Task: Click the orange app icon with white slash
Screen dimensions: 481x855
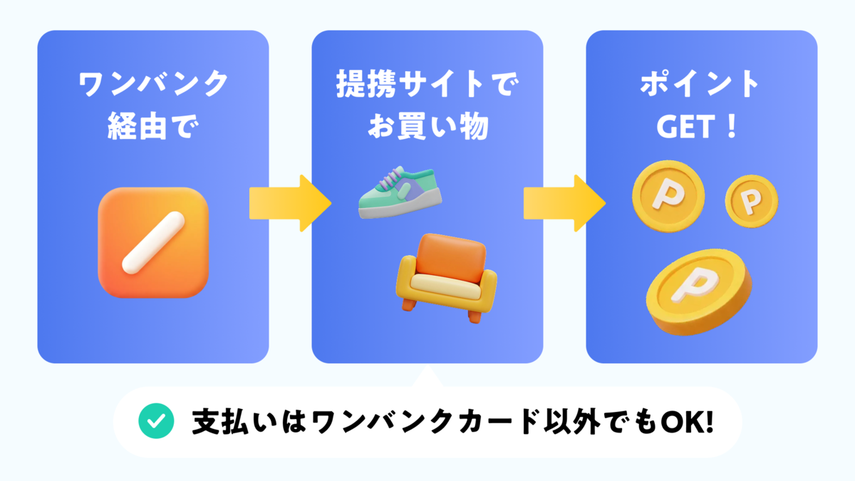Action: [153, 242]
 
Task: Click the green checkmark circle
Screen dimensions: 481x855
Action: [156, 422]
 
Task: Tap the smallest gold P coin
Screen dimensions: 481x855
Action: [751, 202]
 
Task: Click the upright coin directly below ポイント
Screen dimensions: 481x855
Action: [668, 191]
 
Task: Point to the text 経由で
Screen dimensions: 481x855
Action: [153, 128]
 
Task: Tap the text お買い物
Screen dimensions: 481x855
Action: [427, 128]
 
